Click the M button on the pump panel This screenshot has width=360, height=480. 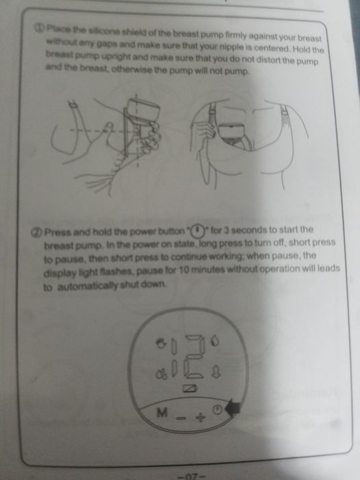click(x=162, y=413)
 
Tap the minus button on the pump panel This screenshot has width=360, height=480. click(x=181, y=417)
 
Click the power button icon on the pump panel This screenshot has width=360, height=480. click(x=217, y=409)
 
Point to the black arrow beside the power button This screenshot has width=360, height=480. click(x=232, y=409)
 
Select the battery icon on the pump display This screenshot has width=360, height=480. click(x=190, y=389)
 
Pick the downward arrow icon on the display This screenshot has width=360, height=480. click(x=216, y=372)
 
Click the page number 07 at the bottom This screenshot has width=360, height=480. click(x=191, y=477)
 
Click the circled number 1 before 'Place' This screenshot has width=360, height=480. click(x=39, y=28)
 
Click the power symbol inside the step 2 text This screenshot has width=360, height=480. click(x=197, y=230)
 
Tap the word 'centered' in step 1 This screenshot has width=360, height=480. click(x=272, y=49)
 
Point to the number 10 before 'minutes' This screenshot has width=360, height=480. click(x=184, y=269)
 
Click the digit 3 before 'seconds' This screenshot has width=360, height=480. click(x=226, y=230)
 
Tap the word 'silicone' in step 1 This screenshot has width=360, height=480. click(x=101, y=31)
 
